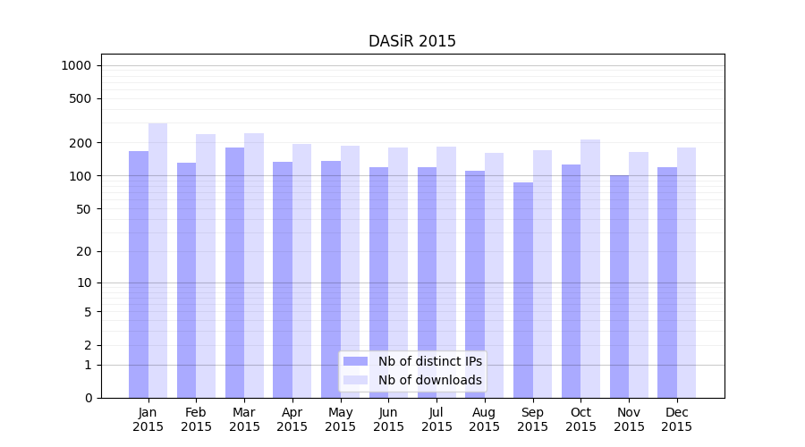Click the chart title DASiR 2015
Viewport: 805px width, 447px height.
(x=412, y=41)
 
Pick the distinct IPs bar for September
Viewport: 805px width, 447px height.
(x=523, y=290)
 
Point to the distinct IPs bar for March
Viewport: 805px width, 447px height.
(x=234, y=272)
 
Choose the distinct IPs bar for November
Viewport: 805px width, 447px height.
(x=619, y=286)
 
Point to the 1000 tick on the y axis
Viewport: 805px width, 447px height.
(x=76, y=65)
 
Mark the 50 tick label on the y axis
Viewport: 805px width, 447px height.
(x=84, y=209)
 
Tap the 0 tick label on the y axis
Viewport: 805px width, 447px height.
(x=88, y=398)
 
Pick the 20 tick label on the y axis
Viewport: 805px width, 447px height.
(x=84, y=251)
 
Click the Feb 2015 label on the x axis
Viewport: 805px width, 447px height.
(x=196, y=419)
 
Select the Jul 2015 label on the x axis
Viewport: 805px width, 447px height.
(x=436, y=419)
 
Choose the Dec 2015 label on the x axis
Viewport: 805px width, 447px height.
(x=677, y=419)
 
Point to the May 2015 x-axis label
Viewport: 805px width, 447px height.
(x=341, y=419)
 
